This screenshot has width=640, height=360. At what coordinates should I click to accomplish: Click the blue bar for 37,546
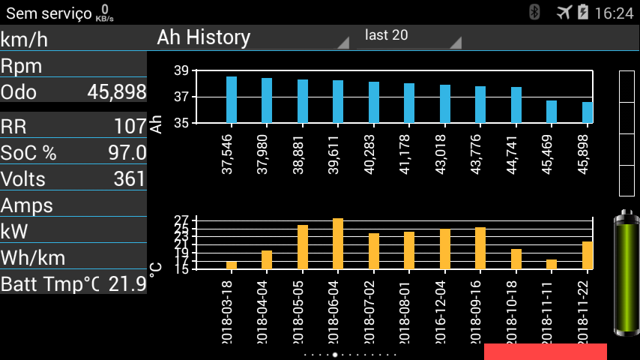[232, 99]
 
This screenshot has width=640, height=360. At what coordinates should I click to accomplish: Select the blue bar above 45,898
[588, 112]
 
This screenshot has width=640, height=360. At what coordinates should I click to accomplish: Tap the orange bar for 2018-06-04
[338, 244]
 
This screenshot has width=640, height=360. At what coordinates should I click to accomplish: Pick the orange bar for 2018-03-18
[232, 265]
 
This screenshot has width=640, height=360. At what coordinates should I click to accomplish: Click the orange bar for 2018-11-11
[552, 264]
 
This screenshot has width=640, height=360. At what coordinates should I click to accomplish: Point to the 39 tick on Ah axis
[181, 71]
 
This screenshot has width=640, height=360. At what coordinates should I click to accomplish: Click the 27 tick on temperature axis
[181, 220]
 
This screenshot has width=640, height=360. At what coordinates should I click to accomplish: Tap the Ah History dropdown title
[204, 37]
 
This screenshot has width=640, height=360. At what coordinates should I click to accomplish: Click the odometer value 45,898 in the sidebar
[117, 92]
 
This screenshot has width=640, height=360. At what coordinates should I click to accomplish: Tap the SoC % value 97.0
[127, 153]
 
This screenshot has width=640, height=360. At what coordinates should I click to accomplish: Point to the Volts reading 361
[130, 179]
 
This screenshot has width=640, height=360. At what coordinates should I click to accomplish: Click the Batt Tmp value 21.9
[127, 284]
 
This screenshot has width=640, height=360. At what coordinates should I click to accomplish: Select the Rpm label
[21, 66]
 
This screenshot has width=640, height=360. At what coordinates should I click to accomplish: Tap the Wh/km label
[33, 258]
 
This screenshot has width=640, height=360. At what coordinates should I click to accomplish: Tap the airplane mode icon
[564, 12]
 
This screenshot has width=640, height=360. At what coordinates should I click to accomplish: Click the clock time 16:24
[614, 13]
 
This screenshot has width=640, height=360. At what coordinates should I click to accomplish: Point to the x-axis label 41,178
[409, 154]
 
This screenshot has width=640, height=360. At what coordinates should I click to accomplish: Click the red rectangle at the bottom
[545, 352]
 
